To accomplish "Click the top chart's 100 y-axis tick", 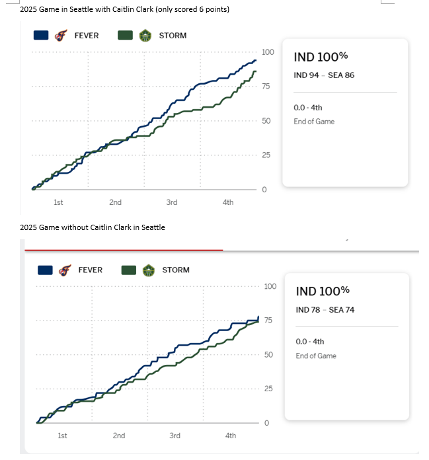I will pos(268,52).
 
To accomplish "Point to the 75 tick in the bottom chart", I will pos(268,321).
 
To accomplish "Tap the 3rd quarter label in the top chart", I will pos(172,202).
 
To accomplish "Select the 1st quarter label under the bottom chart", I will pos(62,436).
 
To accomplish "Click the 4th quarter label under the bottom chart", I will pos(231,436).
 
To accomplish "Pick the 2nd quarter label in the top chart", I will pos(115,202).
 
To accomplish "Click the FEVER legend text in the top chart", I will pos(86,36).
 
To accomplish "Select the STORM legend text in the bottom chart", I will pos(175,270).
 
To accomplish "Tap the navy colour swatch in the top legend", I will pos(41,36).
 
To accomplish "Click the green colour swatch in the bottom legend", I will pos(129,270).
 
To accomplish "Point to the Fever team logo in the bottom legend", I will pos(64,270).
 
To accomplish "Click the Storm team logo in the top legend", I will pos(145,36).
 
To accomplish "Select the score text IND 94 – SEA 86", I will pos(324,75).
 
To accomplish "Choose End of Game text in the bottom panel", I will pos(316,356).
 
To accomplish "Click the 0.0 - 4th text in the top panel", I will pos(308,108).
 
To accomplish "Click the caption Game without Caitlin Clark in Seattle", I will pos(93,227).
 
